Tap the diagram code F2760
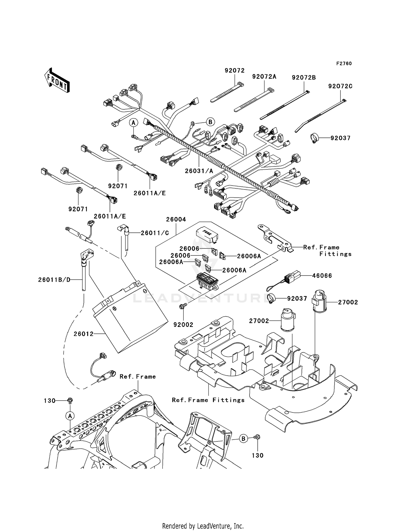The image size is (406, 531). (x=344, y=64)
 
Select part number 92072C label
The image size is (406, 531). (x=340, y=86)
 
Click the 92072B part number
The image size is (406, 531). (x=304, y=78)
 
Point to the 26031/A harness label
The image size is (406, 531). (x=199, y=171)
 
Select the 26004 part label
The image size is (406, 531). (x=176, y=219)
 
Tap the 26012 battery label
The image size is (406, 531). (x=83, y=334)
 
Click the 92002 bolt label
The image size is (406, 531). (x=183, y=325)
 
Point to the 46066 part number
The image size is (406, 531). (x=322, y=276)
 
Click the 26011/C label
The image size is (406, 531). (x=155, y=233)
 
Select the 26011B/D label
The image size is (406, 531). (x=54, y=280)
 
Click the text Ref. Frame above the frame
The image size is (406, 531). (x=137, y=377)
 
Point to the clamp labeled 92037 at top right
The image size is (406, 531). (x=314, y=138)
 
